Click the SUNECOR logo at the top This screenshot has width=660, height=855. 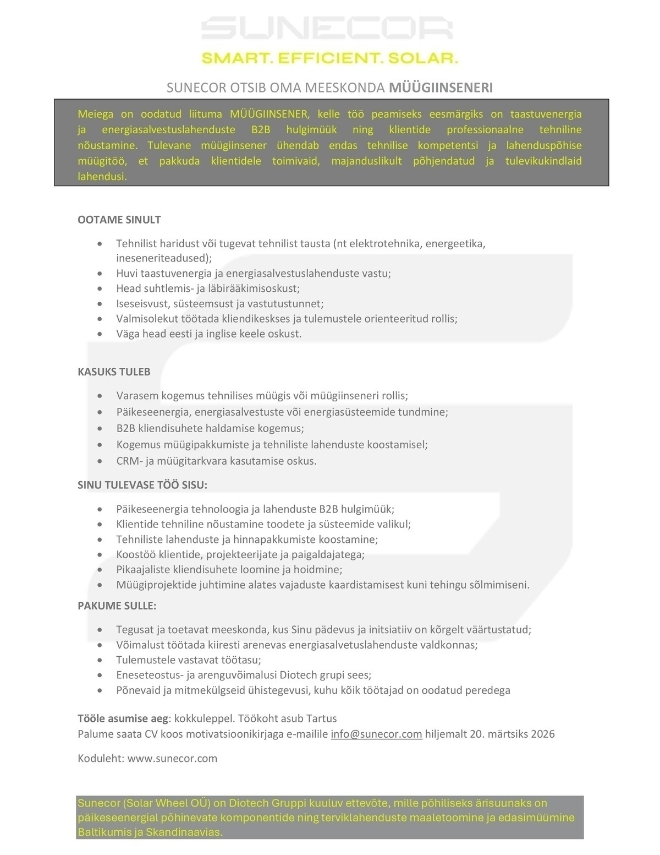pyautogui.click(x=327, y=28)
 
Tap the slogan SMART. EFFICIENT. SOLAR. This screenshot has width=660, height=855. pyautogui.click(x=329, y=58)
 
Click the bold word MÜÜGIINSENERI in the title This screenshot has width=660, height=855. pyautogui.click(x=441, y=88)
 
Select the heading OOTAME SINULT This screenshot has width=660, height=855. pyautogui.click(x=119, y=220)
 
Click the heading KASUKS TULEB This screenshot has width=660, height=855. pyautogui.click(x=114, y=372)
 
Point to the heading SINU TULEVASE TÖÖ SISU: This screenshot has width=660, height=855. pyautogui.click(x=142, y=485)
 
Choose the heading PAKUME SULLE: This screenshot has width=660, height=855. pyautogui.click(x=117, y=606)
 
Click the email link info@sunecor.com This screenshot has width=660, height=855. pyautogui.click(x=376, y=734)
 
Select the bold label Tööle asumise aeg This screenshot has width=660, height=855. pyautogui.click(x=122, y=718)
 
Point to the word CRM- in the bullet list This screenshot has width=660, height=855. pyautogui.click(x=129, y=461)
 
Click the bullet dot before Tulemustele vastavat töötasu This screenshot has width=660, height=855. pyautogui.click(x=100, y=660)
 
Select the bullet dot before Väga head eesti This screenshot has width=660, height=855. pyautogui.click(x=100, y=334)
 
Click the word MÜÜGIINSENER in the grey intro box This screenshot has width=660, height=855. pyautogui.click(x=269, y=115)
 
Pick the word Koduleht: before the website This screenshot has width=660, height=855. pyautogui.click(x=101, y=758)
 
